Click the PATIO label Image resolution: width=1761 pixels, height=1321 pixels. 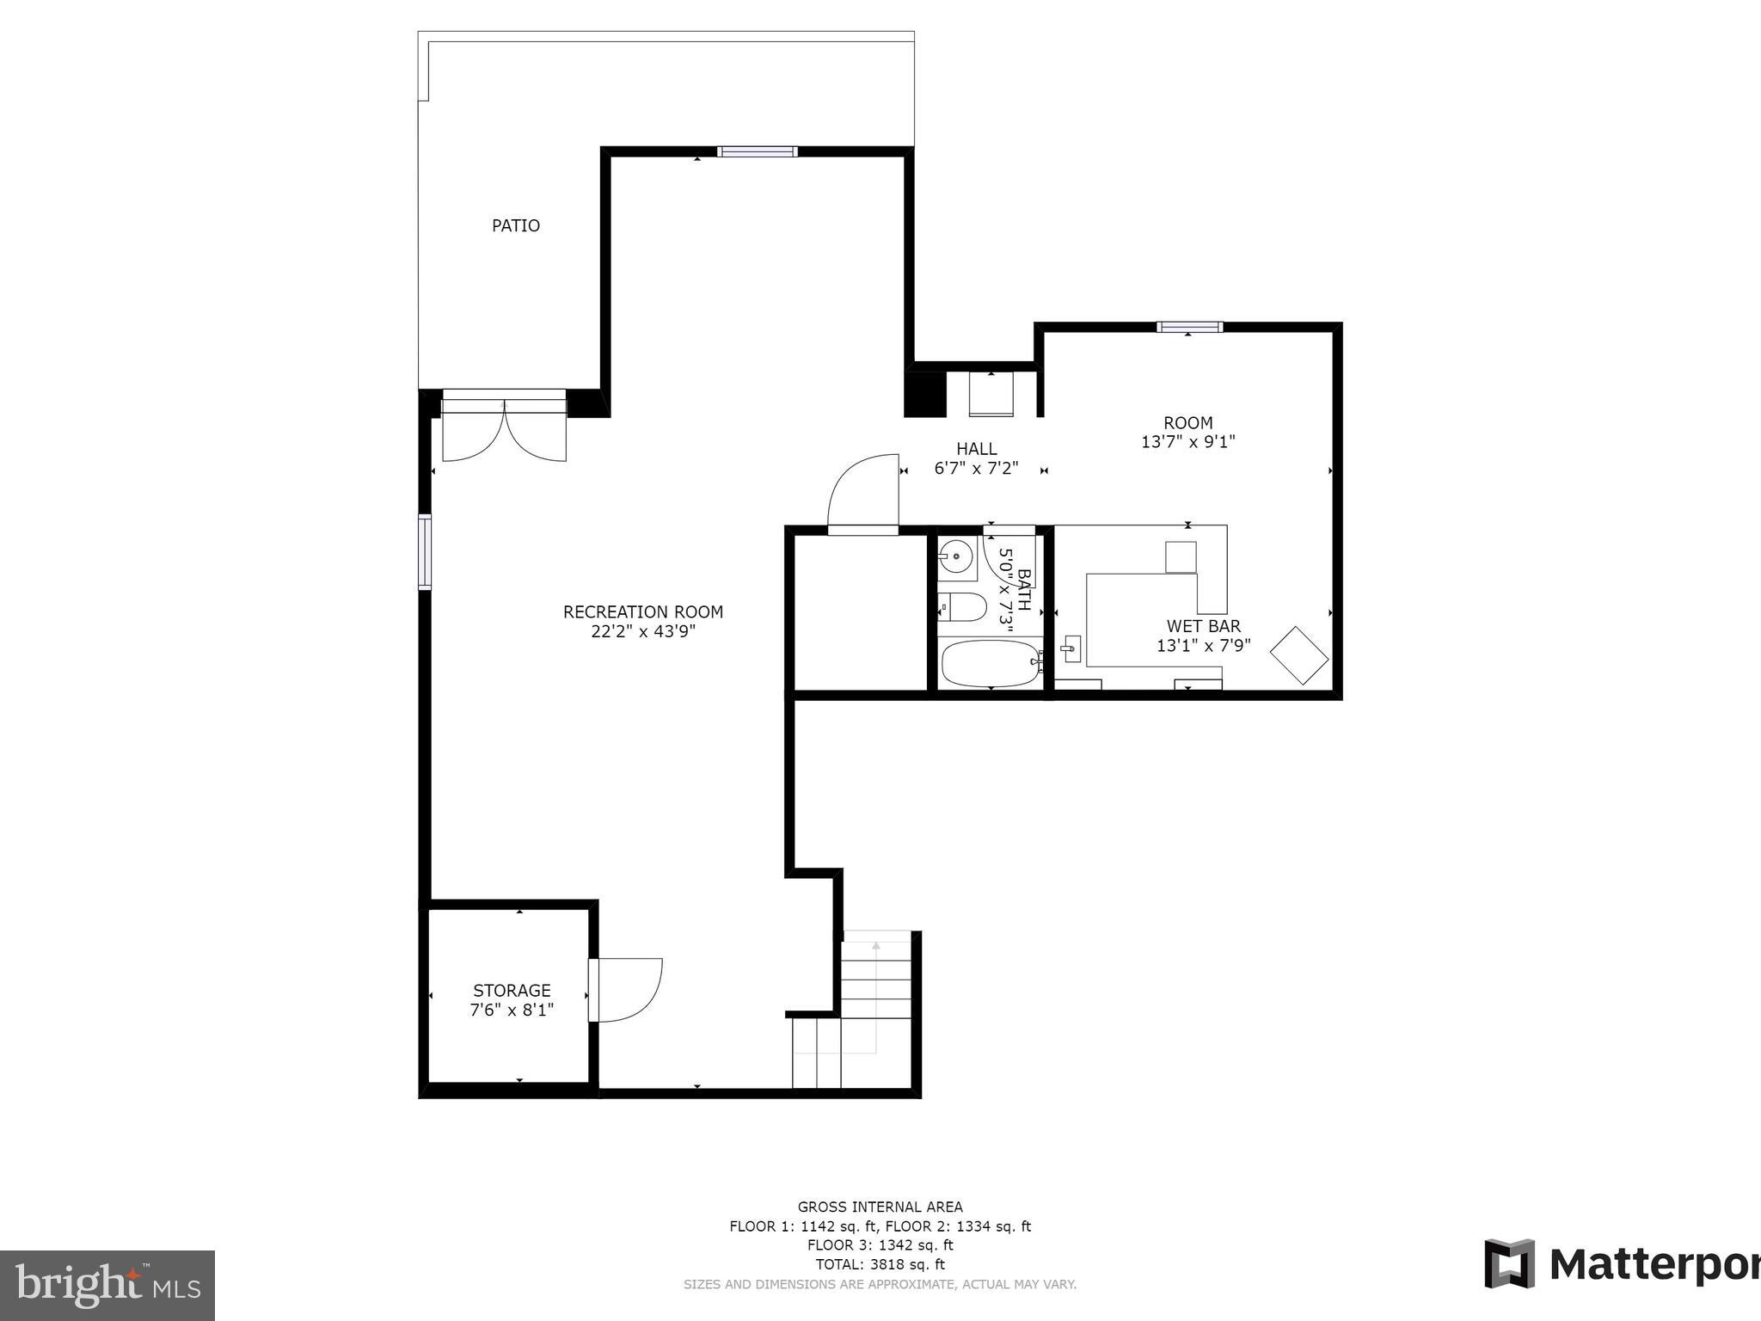515,225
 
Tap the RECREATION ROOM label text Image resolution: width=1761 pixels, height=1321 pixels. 642,611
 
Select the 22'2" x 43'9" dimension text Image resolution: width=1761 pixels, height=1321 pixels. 642,631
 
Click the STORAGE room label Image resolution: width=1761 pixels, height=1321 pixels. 512,990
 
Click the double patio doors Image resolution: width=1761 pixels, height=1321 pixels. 504,428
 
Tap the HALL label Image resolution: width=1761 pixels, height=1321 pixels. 976,448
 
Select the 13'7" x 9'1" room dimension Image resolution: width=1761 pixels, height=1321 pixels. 1187,442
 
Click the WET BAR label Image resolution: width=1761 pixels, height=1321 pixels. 1203,626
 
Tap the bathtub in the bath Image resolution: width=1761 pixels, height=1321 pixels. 990,664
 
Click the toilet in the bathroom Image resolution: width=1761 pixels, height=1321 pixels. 963,606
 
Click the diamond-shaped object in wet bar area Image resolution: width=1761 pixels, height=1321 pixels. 1299,656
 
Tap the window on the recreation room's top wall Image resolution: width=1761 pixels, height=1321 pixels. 757,152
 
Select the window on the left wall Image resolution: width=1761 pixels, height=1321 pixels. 425,551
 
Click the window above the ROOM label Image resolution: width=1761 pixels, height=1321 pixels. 1189,327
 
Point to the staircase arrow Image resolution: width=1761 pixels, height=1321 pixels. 875,946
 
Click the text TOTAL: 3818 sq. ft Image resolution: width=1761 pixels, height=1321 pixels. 880,1264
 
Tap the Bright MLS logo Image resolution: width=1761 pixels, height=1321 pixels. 107,1285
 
